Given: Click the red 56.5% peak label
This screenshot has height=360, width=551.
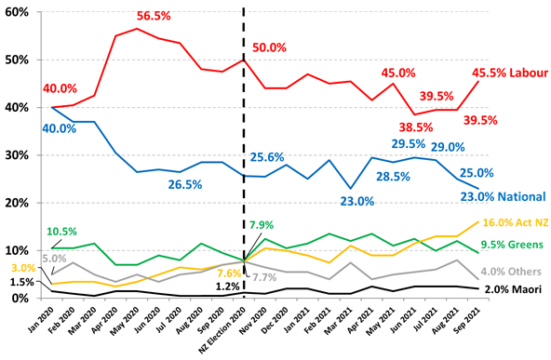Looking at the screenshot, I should [159, 17].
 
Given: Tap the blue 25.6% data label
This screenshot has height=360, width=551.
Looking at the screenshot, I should [267, 157].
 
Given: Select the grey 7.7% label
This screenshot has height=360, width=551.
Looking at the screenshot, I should [265, 277].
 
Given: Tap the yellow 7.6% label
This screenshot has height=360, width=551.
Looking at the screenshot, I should [229, 273].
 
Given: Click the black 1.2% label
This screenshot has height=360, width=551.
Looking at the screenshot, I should [229, 287].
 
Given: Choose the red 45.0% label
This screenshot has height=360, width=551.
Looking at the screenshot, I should [398, 73].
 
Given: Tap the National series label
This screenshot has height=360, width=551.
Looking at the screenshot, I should [521, 195].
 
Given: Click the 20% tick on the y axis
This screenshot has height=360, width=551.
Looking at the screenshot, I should [18, 203].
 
